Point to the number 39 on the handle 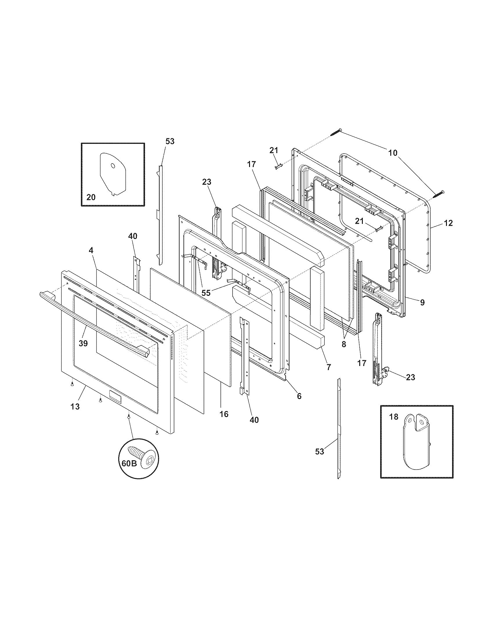click(x=83, y=344)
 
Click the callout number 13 click(x=75, y=406)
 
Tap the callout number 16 click(x=224, y=414)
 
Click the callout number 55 click(x=206, y=293)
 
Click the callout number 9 click(x=422, y=302)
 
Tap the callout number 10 click(x=393, y=153)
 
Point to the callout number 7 click(x=329, y=367)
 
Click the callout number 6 click(x=299, y=396)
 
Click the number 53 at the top click(x=170, y=142)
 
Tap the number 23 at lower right click(x=410, y=377)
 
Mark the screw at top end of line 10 click(x=336, y=132)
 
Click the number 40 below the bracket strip click(x=254, y=420)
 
